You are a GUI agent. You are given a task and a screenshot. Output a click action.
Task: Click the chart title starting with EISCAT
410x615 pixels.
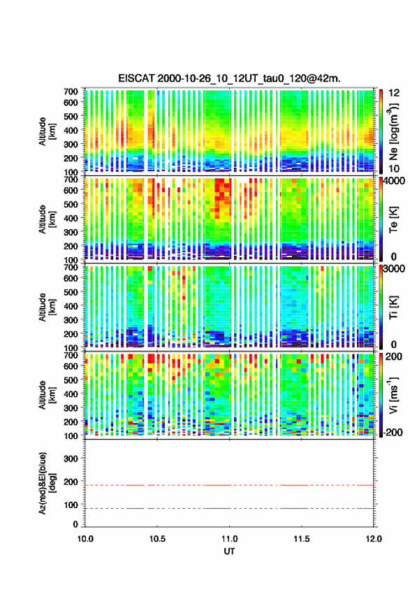pyautogui.click(x=229, y=78)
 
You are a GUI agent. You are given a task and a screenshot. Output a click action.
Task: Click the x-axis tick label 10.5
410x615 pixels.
pyautogui.click(x=157, y=539)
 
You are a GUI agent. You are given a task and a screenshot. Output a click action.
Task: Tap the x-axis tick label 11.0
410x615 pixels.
pyautogui.click(x=229, y=539)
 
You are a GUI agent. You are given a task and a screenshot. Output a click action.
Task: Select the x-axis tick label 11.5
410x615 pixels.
pyautogui.click(x=302, y=539)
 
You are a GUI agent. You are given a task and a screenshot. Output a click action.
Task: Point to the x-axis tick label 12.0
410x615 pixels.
pyautogui.click(x=374, y=539)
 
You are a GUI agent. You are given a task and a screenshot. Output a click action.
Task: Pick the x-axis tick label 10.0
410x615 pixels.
pyautogui.click(x=85, y=539)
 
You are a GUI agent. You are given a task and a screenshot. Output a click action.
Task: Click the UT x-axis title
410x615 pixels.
pyautogui.click(x=229, y=551)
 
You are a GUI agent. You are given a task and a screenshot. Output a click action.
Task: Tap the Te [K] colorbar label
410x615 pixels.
pyautogui.click(x=393, y=219)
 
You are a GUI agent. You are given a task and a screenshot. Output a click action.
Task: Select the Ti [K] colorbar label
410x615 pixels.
pyautogui.click(x=393, y=307)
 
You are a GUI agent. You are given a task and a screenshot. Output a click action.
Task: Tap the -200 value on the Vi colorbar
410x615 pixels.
pyautogui.click(x=392, y=433)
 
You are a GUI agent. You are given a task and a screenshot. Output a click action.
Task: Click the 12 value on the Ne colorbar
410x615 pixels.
pyautogui.click(x=395, y=93)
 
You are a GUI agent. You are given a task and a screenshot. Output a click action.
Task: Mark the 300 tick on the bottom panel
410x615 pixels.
pyautogui.click(x=71, y=458)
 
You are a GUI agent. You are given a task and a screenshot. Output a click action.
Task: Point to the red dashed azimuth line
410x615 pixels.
pyautogui.click(x=229, y=485)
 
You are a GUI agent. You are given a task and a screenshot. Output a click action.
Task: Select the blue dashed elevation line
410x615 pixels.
pyautogui.click(x=229, y=508)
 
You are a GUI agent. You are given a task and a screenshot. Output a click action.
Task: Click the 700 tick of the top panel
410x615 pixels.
pyautogui.click(x=71, y=92)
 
